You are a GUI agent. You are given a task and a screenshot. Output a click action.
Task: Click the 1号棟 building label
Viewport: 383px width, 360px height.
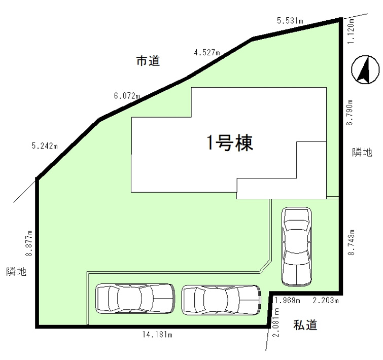229,144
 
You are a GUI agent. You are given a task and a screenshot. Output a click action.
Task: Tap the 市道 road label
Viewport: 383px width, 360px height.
148,61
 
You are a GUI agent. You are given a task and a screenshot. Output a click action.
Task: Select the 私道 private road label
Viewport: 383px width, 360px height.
305,325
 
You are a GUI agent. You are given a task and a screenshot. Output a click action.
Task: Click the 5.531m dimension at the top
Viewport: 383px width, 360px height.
290,21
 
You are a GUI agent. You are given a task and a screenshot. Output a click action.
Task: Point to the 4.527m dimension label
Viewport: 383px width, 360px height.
206,52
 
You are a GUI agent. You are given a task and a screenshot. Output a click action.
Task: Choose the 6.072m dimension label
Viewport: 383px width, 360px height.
127,95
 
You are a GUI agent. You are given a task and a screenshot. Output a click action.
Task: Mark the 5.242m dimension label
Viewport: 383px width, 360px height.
45,146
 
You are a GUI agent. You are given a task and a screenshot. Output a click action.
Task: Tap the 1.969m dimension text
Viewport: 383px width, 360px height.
287,301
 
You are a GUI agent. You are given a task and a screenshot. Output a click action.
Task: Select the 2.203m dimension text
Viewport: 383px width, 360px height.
325,301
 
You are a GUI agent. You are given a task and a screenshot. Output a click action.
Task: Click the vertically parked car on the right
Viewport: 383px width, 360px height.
297,246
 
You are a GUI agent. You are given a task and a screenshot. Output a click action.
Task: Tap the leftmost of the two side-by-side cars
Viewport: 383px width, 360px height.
134,299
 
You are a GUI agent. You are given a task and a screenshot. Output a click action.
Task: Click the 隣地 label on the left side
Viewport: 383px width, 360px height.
16,272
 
